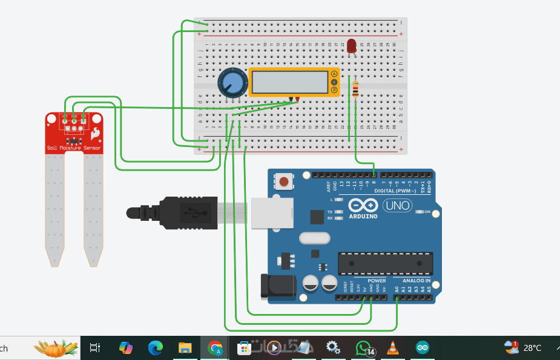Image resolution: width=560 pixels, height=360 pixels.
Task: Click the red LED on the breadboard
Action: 352,45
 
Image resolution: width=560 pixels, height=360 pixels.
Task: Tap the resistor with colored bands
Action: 355,91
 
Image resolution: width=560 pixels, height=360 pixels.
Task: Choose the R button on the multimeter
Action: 334,90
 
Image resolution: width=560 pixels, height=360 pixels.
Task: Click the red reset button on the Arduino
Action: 284,180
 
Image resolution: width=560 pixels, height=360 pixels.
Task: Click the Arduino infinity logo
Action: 364,206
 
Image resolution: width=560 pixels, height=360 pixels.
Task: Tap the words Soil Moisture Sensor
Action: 74,148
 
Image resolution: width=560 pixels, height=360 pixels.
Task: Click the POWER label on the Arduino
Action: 377,281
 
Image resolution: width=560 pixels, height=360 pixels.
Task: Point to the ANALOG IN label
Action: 417,281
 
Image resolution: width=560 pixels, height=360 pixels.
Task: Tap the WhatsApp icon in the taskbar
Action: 363,348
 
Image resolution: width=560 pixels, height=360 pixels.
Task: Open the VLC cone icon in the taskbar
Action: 393,348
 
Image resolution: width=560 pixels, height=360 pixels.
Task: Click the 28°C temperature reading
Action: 532,348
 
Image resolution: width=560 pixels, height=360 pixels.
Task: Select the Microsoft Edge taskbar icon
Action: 156,348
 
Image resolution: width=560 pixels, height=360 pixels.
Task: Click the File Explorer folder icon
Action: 185,348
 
